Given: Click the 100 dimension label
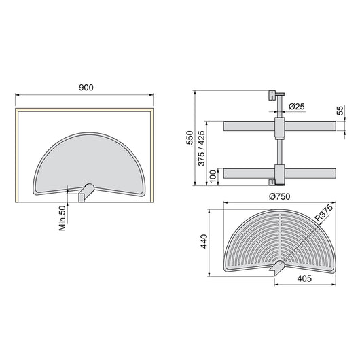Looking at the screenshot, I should click(214, 176).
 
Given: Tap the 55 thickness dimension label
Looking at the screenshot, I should click(340, 110).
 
